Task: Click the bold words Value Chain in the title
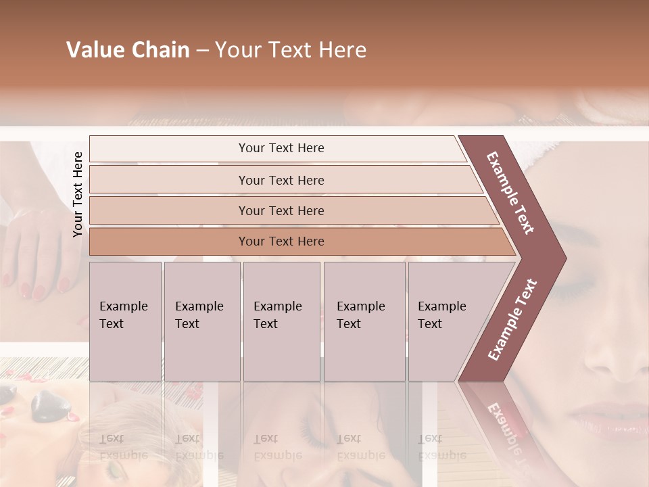(128, 50)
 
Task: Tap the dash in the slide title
(202, 51)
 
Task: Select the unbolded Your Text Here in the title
(291, 50)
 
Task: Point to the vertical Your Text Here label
(78, 194)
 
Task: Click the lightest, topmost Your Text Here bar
(281, 148)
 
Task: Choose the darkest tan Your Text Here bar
(281, 241)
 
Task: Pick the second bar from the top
(281, 180)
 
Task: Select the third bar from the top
(281, 210)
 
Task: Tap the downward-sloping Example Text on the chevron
(510, 193)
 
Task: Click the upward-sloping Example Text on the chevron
(512, 319)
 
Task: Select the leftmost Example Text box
(125, 321)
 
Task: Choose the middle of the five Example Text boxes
(281, 321)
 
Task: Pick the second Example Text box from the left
(201, 321)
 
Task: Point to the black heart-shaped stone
(51, 405)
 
